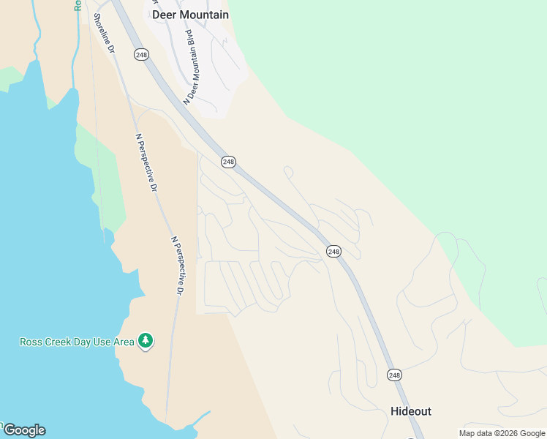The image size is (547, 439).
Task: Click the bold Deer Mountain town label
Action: [x=190, y=15]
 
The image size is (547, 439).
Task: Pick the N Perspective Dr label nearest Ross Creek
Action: [x=177, y=265]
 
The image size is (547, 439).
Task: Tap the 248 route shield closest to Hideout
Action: [x=394, y=375]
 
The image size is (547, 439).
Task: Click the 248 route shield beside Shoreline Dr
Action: [x=140, y=53]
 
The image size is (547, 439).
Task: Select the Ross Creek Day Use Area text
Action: [x=77, y=342]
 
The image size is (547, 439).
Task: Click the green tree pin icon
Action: [x=146, y=340]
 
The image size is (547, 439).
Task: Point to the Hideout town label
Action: [x=410, y=411]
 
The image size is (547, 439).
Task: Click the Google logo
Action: [x=24, y=430]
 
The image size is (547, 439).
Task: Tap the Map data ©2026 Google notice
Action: [x=502, y=433]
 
